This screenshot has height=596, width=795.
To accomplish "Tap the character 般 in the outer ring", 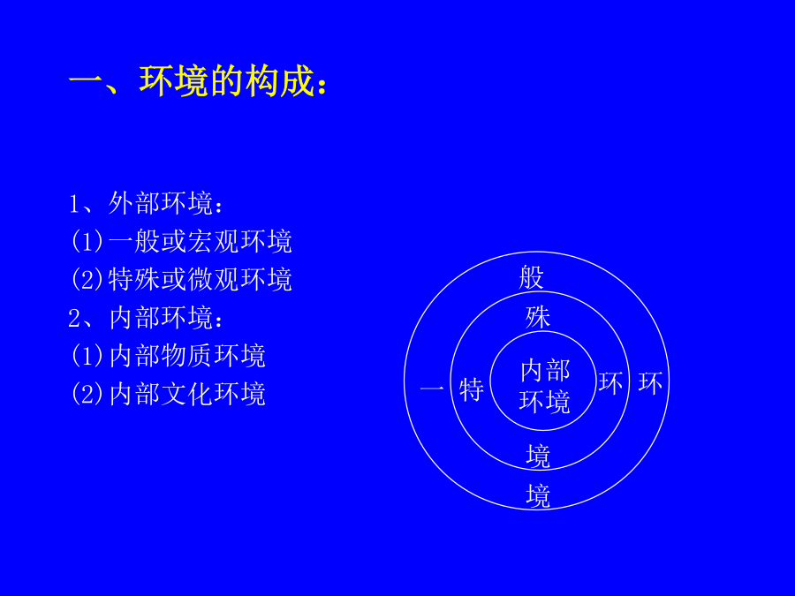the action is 531,278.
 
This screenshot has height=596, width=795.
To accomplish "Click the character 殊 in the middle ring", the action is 538,317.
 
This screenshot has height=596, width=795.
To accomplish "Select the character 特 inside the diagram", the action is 472,389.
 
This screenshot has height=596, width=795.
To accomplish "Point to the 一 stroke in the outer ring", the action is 432,389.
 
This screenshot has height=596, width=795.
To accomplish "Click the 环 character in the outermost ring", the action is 650,383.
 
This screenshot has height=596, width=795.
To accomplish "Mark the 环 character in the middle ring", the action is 610,382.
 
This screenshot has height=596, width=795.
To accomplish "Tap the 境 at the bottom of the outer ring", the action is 538,495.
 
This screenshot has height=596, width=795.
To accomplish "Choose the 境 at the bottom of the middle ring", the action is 538,456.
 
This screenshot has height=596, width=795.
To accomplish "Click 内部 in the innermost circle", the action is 545,371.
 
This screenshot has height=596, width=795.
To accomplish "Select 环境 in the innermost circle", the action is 544,402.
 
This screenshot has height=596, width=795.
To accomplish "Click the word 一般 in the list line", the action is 135,241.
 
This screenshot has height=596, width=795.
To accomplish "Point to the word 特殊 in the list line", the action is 135,279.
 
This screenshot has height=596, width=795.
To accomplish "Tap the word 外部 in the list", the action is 134,203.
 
